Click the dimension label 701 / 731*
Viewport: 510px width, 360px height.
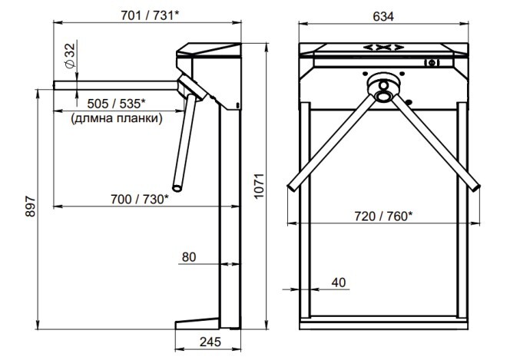click(150, 15)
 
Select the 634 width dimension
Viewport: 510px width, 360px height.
click(383, 16)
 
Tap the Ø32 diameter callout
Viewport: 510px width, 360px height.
click(70, 55)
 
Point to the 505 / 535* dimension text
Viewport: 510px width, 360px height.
click(116, 104)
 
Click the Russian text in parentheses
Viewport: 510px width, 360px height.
click(117, 118)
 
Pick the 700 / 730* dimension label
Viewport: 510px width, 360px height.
click(140, 199)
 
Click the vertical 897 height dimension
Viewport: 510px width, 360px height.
click(30, 206)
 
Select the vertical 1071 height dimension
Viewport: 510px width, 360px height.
click(259, 186)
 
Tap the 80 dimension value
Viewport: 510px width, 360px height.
click(189, 257)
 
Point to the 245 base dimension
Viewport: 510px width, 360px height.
click(210, 342)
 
